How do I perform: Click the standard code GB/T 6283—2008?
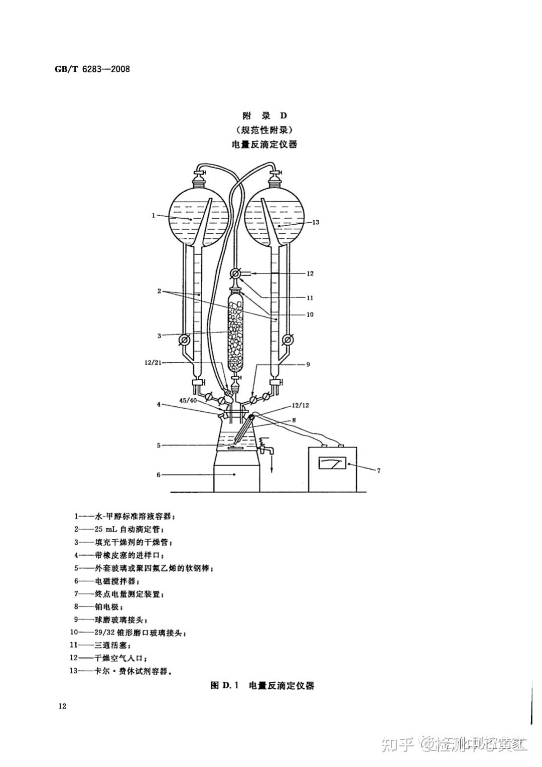coord(92,69)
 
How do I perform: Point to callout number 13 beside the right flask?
coord(316,222)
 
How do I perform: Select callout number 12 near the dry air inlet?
coord(310,273)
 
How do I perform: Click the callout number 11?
coord(310,297)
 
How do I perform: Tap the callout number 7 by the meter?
coord(378,471)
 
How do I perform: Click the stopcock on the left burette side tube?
coord(184,340)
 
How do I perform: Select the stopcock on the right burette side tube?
coord(288,340)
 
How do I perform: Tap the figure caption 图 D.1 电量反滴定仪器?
coord(262,685)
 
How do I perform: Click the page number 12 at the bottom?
coord(62,706)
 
